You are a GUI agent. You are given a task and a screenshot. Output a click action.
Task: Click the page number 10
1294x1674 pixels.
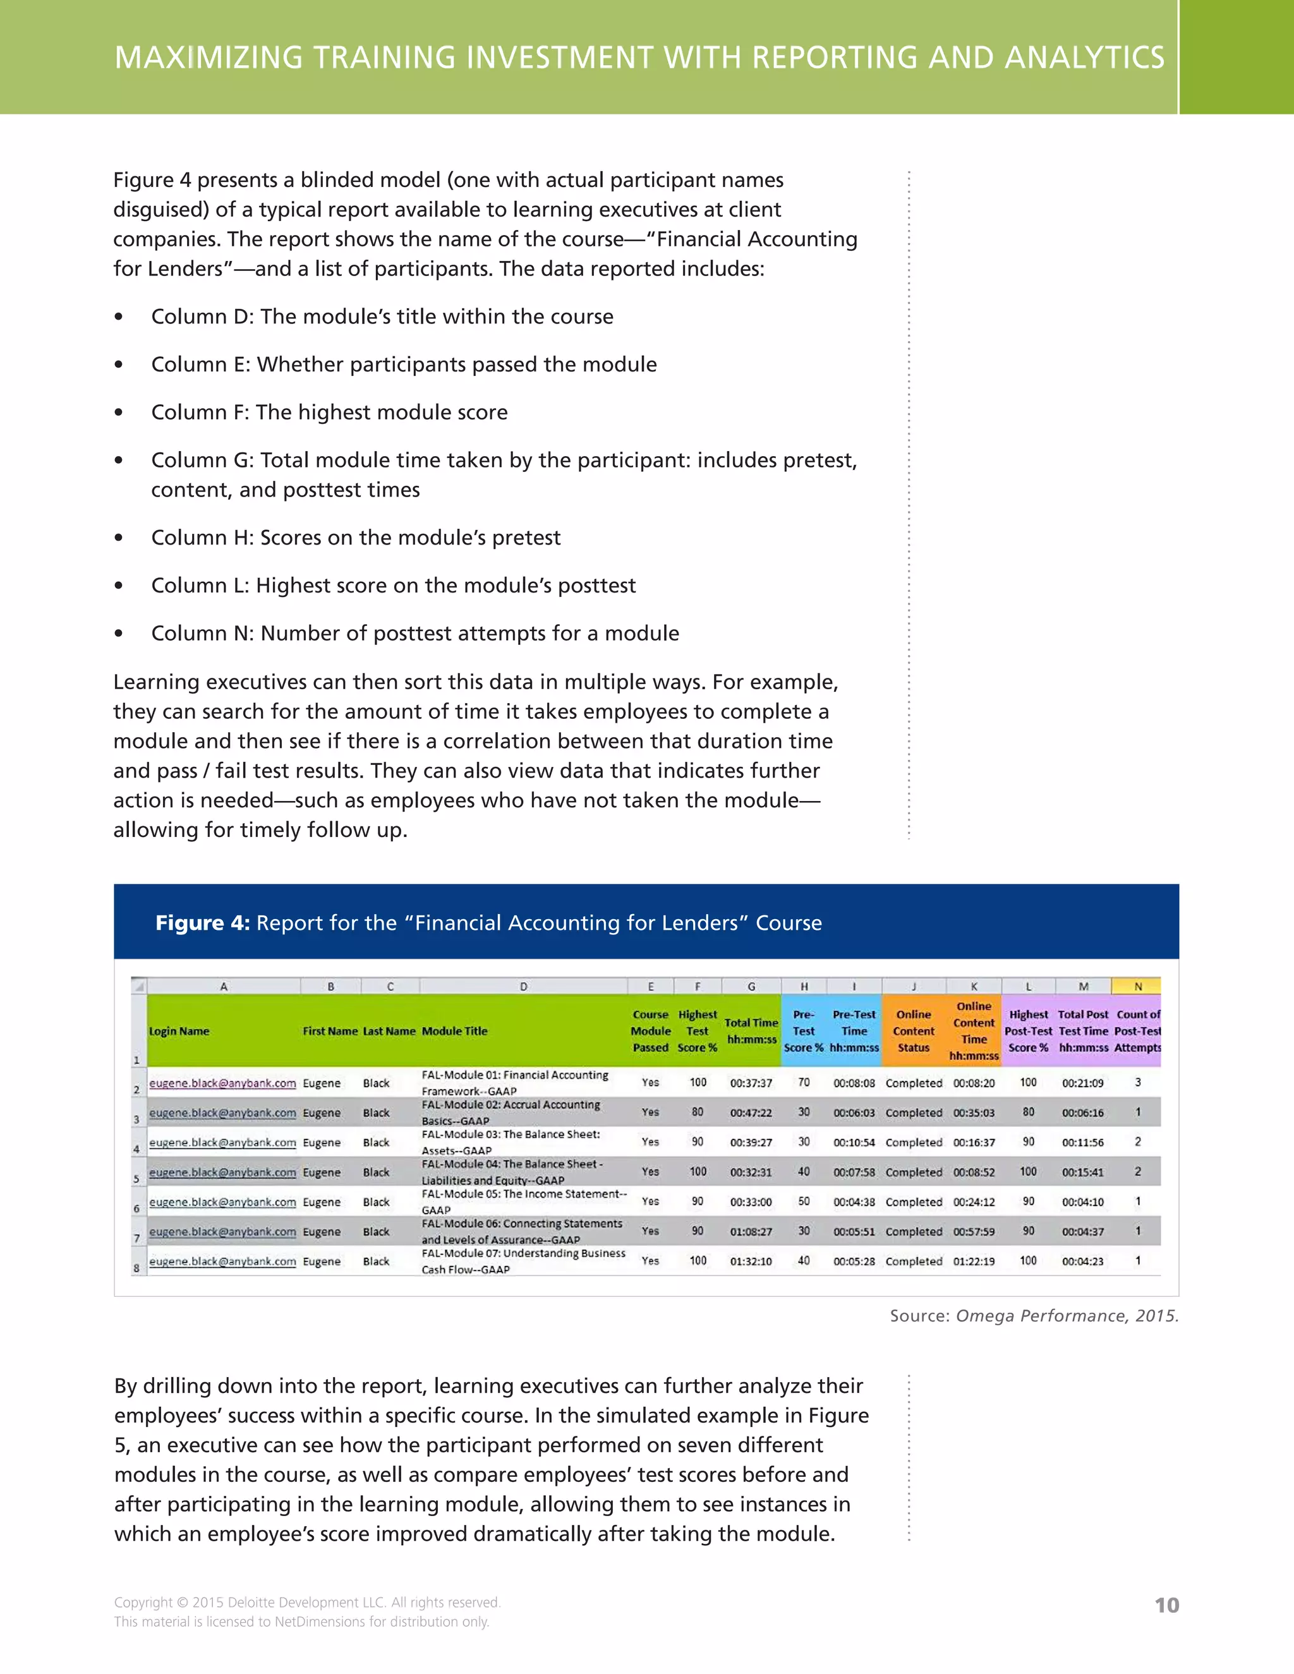(1166, 1605)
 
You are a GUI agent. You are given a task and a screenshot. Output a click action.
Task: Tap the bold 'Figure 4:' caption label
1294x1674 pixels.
(202, 922)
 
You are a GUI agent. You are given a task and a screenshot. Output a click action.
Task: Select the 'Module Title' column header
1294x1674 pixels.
(454, 1031)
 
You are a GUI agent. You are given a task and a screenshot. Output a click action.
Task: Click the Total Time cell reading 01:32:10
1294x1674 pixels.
(751, 1261)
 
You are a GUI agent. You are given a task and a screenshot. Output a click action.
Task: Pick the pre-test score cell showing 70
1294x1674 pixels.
(804, 1082)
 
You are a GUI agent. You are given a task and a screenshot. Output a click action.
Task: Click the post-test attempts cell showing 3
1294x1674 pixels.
(1137, 1082)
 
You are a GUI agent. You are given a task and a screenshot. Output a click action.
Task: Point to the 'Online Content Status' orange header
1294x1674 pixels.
(913, 1031)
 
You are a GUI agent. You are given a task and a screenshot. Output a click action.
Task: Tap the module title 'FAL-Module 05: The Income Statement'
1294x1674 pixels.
(524, 1194)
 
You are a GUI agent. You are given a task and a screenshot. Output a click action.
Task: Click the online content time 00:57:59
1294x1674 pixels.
(974, 1231)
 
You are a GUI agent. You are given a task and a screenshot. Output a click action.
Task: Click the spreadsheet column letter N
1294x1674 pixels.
(1137, 987)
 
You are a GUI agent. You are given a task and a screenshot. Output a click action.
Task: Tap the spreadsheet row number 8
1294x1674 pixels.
(136, 1268)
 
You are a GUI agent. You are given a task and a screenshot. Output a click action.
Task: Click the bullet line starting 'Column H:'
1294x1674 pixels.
(356, 538)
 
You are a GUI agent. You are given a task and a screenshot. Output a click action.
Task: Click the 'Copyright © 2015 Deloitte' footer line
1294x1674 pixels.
(306, 1602)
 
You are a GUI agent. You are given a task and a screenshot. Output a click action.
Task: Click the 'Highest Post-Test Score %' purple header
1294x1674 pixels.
(1028, 1031)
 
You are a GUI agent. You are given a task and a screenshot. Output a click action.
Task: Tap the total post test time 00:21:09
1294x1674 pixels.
(1082, 1083)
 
